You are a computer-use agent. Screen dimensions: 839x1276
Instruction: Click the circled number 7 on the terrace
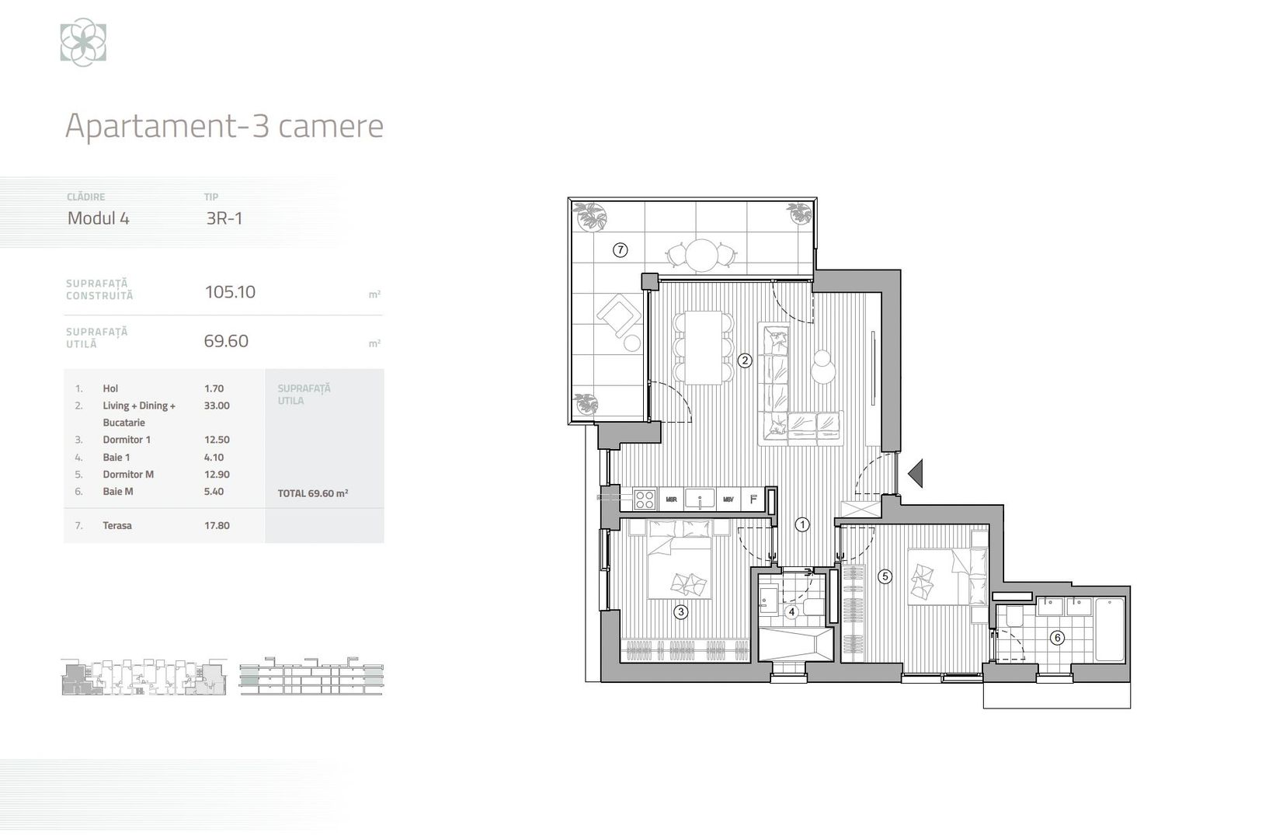[620, 250]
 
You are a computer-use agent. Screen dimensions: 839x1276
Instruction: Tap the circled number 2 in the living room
[745, 360]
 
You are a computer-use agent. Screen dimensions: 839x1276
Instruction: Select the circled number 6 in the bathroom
[1057, 638]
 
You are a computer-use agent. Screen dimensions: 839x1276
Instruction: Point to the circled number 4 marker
[791, 612]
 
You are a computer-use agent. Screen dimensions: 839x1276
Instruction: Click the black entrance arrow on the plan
[916, 472]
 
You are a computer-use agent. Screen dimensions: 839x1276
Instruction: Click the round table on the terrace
[702, 253]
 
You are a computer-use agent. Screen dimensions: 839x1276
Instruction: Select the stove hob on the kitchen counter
[645, 499]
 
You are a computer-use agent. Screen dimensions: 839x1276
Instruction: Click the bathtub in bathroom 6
[1108, 629]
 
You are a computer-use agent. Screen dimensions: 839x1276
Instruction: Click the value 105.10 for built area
[230, 292]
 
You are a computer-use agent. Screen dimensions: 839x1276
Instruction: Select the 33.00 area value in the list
[217, 406]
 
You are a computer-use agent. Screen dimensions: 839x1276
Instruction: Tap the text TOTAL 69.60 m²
[312, 493]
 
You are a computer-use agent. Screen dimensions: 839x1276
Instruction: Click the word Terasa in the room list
[117, 526]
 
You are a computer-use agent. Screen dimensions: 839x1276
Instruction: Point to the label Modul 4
[99, 218]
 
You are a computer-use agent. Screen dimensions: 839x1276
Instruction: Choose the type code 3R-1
[224, 218]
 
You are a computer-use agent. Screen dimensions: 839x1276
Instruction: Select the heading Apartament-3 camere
[224, 126]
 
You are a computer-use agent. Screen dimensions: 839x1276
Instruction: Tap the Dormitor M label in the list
[128, 475]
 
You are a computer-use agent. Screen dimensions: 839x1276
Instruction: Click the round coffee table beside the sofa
[821, 367]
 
